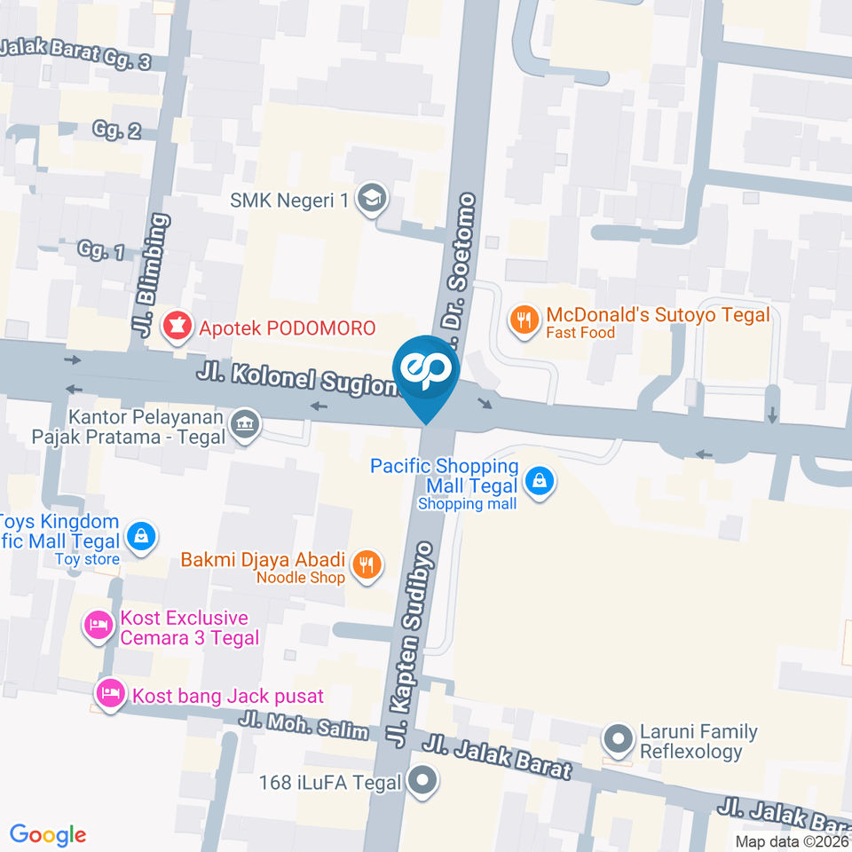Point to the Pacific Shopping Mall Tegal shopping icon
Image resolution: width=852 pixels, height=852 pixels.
click(538, 483)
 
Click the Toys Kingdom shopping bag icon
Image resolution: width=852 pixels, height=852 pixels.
click(140, 536)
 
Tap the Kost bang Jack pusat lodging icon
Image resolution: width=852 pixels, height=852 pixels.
click(111, 692)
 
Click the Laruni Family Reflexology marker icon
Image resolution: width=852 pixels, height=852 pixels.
click(617, 738)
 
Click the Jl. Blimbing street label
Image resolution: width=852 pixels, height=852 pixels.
click(153, 275)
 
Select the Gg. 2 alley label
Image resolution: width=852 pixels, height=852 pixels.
click(116, 131)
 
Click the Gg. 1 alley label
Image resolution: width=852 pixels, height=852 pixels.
click(101, 252)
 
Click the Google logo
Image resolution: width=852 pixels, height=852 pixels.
click(48, 834)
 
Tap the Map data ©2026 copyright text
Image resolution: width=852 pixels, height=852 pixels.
click(791, 841)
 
